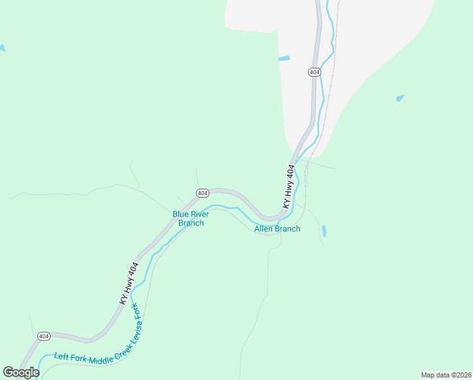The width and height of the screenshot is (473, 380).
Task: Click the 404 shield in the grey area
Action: [x=314, y=72]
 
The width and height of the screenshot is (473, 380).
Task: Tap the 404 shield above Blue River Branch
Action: [x=202, y=193]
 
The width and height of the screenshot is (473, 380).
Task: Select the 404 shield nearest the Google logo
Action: [x=44, y=336]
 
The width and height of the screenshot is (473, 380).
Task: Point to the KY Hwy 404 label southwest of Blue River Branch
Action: [x=129, y=284]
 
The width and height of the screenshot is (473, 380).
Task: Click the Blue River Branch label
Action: [x=190, y=218]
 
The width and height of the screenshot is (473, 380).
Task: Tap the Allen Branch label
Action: [x=277, y=229]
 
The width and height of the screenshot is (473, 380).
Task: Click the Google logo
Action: [x=21, y=372]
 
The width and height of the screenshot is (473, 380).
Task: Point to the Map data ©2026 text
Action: [x=445, y=374]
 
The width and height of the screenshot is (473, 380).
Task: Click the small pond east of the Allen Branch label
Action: [x=324, y=231]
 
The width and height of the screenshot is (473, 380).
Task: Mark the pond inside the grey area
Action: [x=283, y=59]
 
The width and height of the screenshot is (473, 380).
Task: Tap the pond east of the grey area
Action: [x=400, y=98]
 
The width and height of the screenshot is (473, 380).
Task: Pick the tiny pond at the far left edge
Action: [x=2, y=48]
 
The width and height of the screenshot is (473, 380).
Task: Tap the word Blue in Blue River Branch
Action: [x=181, y=214]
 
